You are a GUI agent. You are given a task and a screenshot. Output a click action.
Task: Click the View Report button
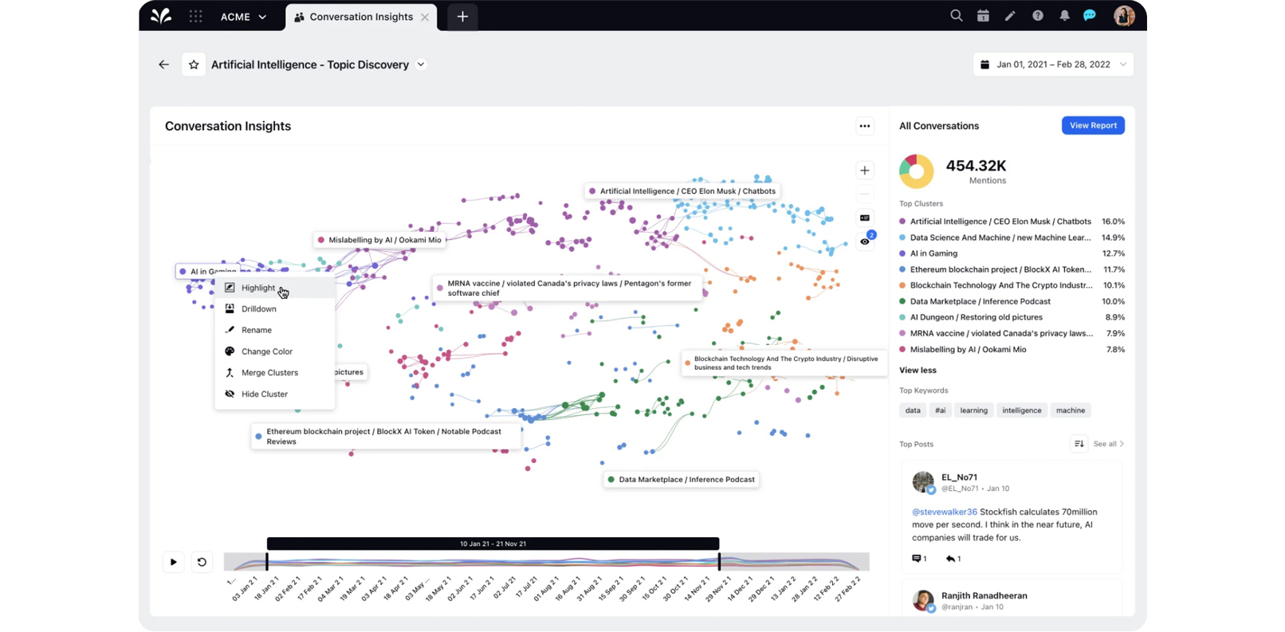[1092, 125]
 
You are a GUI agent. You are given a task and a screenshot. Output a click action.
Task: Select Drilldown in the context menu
[258, 309]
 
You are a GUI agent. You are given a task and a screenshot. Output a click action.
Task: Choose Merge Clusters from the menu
[269, 373]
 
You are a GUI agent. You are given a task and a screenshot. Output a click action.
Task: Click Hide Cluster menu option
[264, 395]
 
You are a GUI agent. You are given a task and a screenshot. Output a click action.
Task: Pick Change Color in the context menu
[266, 351]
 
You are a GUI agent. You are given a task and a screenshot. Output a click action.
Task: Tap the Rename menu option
[256, 330]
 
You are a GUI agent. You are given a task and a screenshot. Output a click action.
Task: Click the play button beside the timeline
[173, 562]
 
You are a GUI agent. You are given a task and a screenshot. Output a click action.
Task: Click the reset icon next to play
[202, 562]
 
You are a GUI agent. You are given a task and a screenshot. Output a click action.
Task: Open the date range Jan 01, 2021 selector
[1052, 65]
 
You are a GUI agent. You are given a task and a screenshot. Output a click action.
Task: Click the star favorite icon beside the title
[194, 65]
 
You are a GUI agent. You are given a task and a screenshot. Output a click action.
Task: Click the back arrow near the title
[163, 65]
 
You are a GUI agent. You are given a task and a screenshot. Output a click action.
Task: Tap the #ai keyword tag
[940, 410]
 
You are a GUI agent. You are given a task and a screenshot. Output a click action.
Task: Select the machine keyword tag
[1070, 410]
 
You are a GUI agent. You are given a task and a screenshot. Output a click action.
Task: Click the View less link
[918, 371]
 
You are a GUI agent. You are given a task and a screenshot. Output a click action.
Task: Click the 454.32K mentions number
[976, 166]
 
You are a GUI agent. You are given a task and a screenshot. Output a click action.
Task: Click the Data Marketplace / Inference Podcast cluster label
[686, 480]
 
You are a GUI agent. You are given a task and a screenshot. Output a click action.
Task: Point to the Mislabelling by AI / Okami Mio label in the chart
[384, 240]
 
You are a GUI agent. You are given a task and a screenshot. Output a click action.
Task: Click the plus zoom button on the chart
[864, 171]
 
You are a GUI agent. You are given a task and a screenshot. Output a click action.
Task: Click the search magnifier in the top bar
[956, 16]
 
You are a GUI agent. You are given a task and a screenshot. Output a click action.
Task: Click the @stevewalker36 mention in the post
[944, 512]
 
